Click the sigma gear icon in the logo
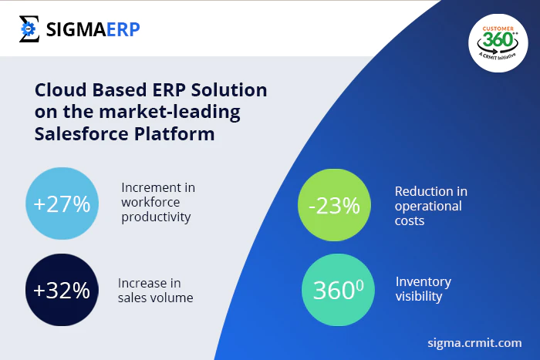click(29, 29)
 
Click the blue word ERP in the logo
click(123, 29)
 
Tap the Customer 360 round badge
click(498, 43)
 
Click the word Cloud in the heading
click(61, 90)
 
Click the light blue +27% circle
click(62, 204)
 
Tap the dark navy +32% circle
click(62, 290)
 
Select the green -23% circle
click(334, 205)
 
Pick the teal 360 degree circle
click(338, 290)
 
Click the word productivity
click(156, 217)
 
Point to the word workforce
click(150, 202)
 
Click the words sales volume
click(155, 298)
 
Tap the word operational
click(428, 207)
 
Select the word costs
click(410, 221)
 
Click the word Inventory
click(424, 282)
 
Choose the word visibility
click(419, 296)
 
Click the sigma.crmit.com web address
click(474, 343)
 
